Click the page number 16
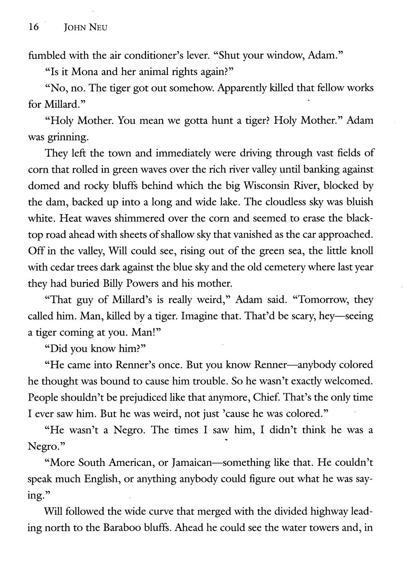[33, 27]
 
